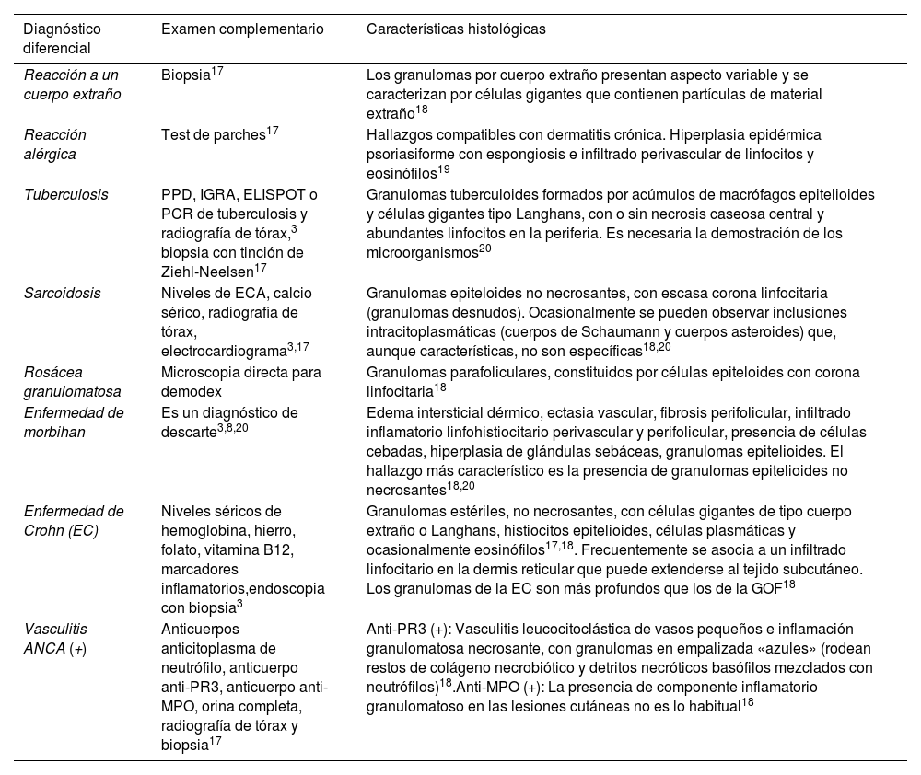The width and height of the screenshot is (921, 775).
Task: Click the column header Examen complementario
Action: [242, 29]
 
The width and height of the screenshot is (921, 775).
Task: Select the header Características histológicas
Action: [456, 29]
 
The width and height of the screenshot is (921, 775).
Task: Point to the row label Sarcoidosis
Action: [63, 294]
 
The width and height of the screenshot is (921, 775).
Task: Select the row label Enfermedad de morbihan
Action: [74, 422]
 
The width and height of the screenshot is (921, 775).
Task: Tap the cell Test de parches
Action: [214, 135]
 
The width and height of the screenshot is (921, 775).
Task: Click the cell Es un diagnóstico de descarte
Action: [229, 422]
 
